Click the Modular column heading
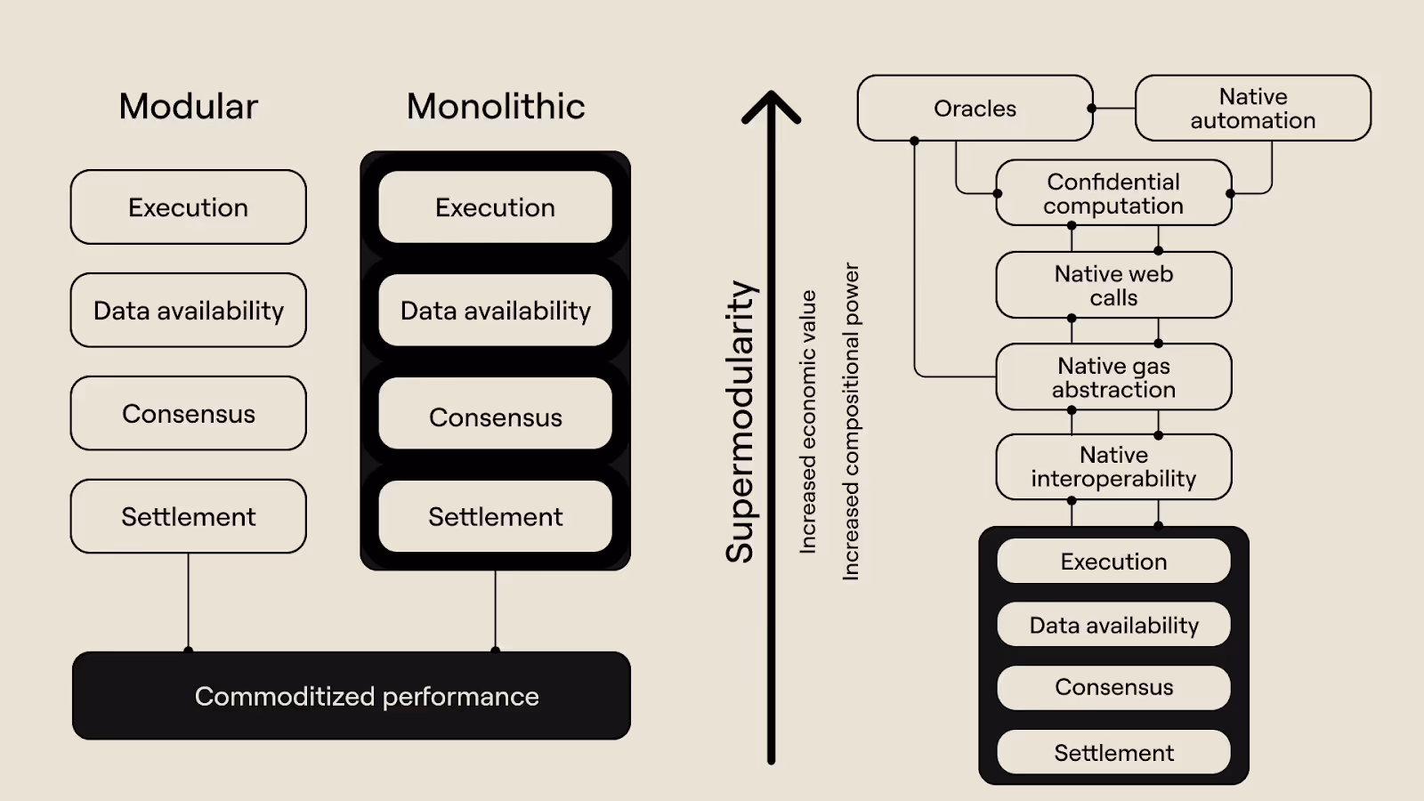[188, 107]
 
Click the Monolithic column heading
[496, 107]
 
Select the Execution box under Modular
[188, 207]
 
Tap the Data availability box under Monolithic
[496, 311]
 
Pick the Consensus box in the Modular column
[188, 414]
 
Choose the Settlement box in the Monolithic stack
[496, 517]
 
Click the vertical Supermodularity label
[740, 422]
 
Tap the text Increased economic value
[807, 422]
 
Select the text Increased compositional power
[851, 422]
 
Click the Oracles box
[975, 109]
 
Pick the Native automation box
[1252, 109]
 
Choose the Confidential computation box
[1113, 193]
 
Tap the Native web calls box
[1113, 286]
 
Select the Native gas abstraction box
[1113, 377]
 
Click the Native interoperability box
[1113, 467]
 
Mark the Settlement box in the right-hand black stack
[1113, 753]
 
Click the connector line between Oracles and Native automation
[1114, 109]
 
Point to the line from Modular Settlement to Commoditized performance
[188, 602]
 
